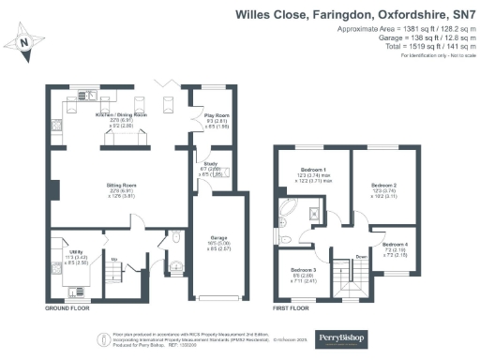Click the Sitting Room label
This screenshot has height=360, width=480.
(116, 187)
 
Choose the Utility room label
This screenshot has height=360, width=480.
(66, 249)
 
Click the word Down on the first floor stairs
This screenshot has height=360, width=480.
(361, 264)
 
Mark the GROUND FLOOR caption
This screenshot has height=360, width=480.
(68, 307)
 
